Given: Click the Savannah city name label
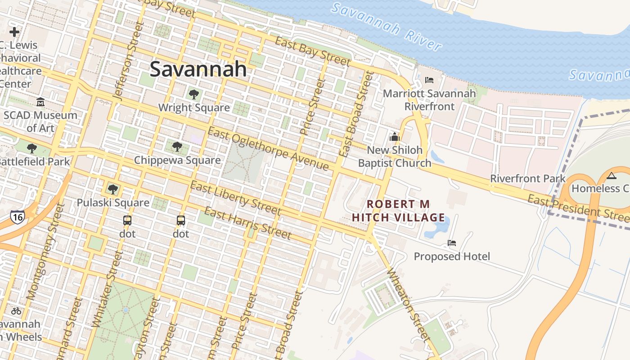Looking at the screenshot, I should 198,69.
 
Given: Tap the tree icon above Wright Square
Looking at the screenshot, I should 194,94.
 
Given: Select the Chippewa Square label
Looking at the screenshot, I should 177,160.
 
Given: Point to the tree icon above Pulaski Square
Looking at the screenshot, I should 112,189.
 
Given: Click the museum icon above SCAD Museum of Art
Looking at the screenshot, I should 40,102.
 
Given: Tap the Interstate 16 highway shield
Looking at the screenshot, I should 17,216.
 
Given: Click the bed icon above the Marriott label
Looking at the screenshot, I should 429,80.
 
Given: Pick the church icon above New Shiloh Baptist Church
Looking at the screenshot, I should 395,137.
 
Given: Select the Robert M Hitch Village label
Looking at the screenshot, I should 398,211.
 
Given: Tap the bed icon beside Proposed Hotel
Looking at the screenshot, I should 452,243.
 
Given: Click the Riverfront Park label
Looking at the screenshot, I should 527,178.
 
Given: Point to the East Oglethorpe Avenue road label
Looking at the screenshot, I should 268,149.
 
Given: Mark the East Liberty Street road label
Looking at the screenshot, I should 235,198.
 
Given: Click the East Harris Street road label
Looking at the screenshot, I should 247,223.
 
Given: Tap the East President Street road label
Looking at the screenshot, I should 578,207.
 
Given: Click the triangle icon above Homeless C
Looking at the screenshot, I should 611,176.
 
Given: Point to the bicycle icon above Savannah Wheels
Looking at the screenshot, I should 16,310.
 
